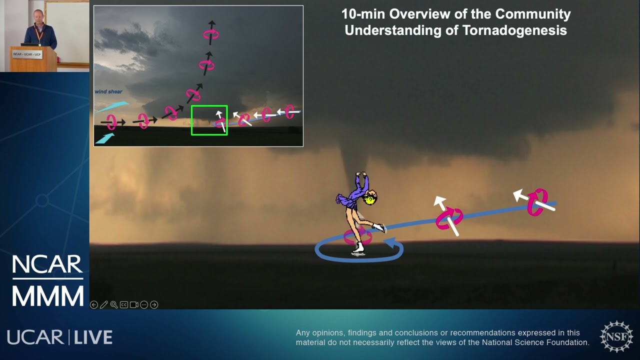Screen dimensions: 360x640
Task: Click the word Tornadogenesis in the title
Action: click(x=515, y=30)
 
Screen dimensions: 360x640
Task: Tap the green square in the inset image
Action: click(x=209, y=120)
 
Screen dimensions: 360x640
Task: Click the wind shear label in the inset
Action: click(x=108, y=92)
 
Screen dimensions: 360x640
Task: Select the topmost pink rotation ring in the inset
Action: click(x=210, y=34)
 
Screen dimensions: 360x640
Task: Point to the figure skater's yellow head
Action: click(x=370, y=199)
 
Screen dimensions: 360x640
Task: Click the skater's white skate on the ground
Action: click(x=358, y=248)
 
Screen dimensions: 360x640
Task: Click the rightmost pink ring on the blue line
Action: click(x=536, y=202)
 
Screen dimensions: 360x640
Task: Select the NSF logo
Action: click(x=616, y=336)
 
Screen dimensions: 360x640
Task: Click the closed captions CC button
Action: click(x=124, y=304)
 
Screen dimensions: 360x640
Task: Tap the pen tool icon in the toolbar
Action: click(x=104, y=304)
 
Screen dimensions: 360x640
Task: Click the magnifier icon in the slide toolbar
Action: click(x=114, y=304)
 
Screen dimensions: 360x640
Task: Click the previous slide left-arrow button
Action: click(x=94, y=304)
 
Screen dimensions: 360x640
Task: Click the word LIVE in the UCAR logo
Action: click(x=93, y=337)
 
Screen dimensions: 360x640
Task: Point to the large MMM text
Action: click(x=47, y=295)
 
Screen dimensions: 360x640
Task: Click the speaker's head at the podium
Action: click(x=38, y=15)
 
